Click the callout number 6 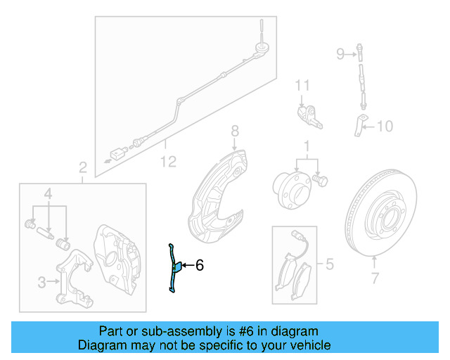pyautogui.click(x=200, y=266)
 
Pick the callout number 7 pyautogui.click(x=375, y=278)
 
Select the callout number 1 pyautogui.click(x=306, y=146)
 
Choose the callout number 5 pyautogui.click(x=328, y=264)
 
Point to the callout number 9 pyautogui.click(x=340, y=54)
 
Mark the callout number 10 pyautogui.click(x=385, y=127)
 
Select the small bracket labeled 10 pyautogui.click(x=359, y=124)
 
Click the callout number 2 pyautogui.click(x=82, y=168)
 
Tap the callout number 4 pyautogui.click(x=49, y=193)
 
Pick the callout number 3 pyautogui.click(x=41, y=282)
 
